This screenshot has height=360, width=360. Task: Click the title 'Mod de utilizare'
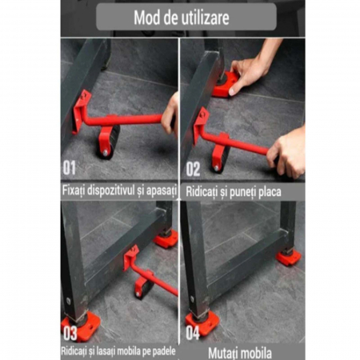click(182, 18)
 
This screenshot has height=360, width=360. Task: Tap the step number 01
click(70, 168)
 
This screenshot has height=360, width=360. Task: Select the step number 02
click(193, 169)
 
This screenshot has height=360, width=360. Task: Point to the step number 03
click(70, 334)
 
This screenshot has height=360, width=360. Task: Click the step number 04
click(193, 333)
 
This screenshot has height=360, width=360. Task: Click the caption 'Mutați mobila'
click(240, 353)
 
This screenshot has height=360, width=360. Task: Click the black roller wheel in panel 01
click(110, 142)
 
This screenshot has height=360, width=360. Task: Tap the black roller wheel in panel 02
click(222, 158)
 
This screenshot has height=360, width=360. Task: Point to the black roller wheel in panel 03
click(143, 287)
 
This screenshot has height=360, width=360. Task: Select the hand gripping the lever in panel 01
click(170, 115)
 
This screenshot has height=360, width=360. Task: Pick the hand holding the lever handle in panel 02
click(286, 154)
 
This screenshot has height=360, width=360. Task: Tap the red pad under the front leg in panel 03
click(81, 326)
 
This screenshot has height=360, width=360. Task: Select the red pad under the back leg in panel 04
click(288, 258)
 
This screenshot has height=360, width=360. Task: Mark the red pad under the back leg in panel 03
click(166, 238)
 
